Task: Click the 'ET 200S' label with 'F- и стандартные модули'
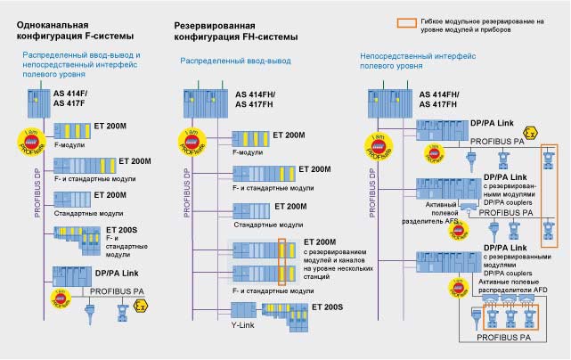tap(94, 233)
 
